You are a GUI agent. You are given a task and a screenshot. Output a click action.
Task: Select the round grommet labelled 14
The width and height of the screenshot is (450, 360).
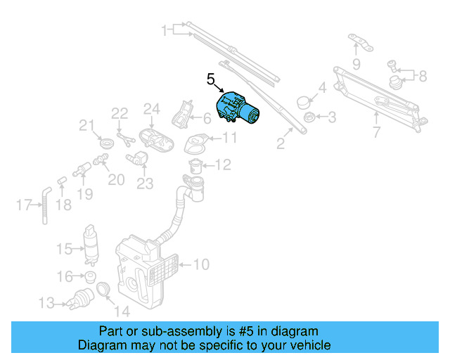click(103, 289)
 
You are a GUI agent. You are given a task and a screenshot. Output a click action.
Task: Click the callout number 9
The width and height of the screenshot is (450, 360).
click(356, 65)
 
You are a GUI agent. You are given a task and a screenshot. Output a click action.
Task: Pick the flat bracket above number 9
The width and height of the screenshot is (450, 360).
click(360, 42)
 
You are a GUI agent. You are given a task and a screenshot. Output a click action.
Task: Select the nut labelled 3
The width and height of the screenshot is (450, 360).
click(308, 116)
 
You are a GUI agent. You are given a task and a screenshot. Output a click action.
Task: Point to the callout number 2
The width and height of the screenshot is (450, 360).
click(280, 145)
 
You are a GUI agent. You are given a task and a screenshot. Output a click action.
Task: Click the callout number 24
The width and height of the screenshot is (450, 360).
click(152, 109)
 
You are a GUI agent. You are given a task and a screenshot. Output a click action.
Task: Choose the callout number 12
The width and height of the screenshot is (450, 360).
click(222, 165)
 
